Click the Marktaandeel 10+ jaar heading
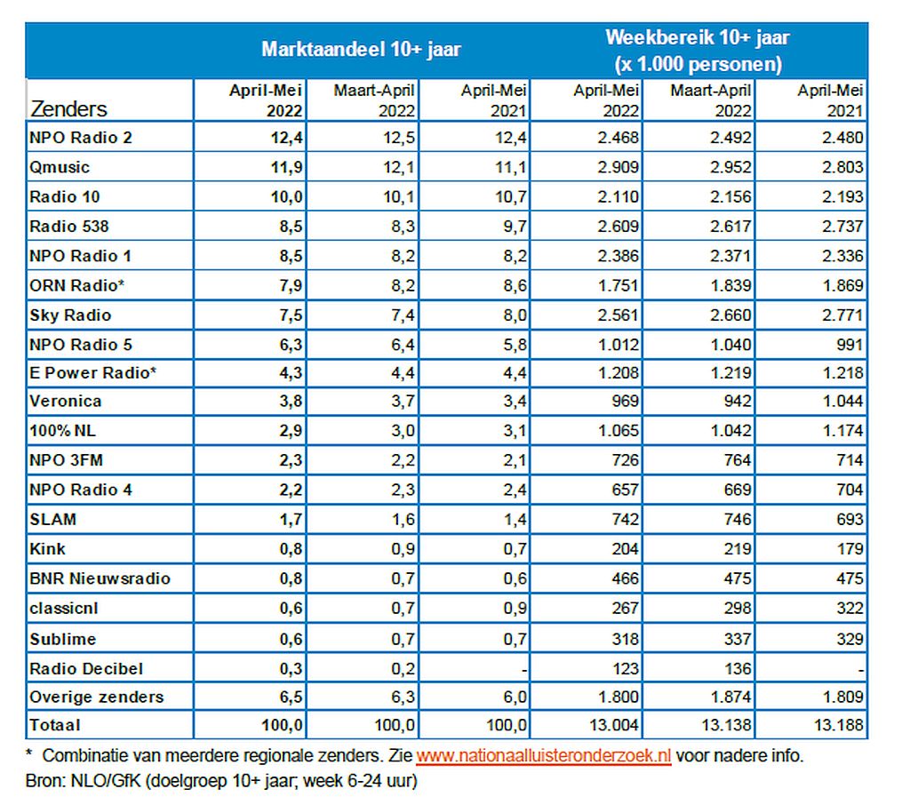pyautogui.click(x=361, y=49)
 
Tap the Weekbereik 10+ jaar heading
pyautogui.click(x=698, y=37)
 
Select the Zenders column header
pyautogui.click(x=68, y=108)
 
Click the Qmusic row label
pyautogui.click(x=60, y=167)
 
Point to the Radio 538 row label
pyautogui.click(x=69, y=227)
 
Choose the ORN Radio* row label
pyautogui.click(x=77, y=285)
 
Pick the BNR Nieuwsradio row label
pyautogui.click(x=100, y=578)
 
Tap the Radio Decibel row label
pyautogui.click(x=86, y=668)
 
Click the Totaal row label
pyautogui.click(x=55, y=725)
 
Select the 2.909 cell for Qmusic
pyautogui.click(x=619, y=167)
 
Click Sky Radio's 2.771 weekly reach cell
pyautogui.click(x=842, y=315)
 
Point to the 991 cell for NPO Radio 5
pyautogui.click(x=850, y=345)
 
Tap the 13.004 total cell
pyautogui.click(x=613, y=725)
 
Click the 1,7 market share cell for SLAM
pyautogui.click(x=291, y=519)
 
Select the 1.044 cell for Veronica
pyautogui.click(x=842, y=401)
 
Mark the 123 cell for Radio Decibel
pyautogui.click(x=625, y=668)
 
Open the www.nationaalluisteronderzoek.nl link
pyautogui.click(x=544, y=756)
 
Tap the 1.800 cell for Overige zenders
pyautogui.click(x=619, y=697)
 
